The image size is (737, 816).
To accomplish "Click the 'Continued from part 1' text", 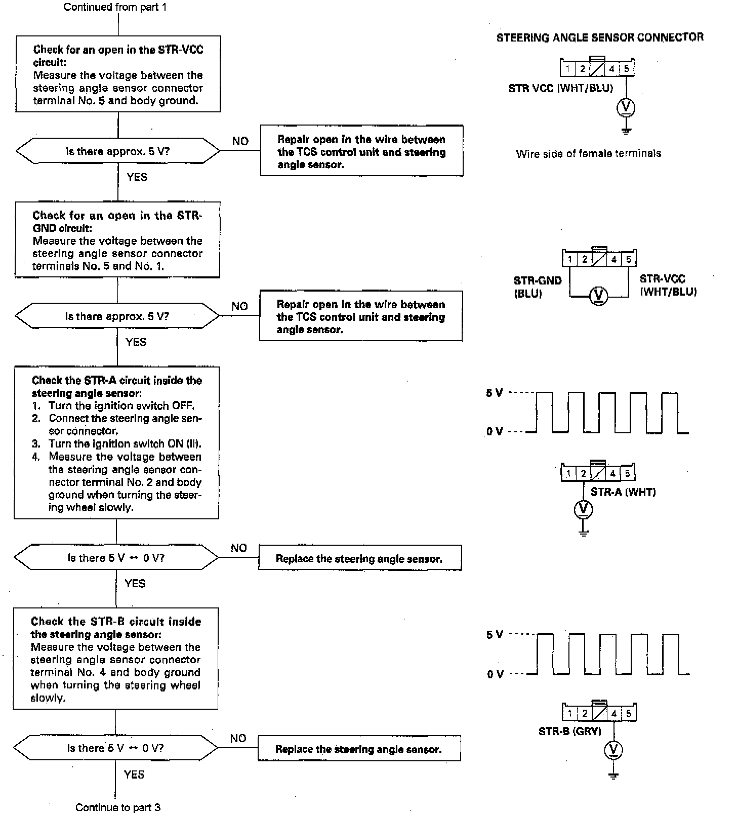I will [115, 8].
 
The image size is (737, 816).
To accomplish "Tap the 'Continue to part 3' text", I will [118, 807].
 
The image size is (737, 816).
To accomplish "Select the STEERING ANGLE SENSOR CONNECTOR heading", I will [600, 37].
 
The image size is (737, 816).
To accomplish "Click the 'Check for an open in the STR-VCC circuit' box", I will [118, 74].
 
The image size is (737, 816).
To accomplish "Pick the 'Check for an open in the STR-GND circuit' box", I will [117, 240].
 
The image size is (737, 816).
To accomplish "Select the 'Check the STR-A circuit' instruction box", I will [116, 443].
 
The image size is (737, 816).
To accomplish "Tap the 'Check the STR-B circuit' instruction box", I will [116, 659].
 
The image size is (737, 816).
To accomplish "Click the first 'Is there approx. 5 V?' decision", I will [118, 151].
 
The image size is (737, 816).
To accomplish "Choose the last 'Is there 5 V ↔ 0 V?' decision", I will [116, 748].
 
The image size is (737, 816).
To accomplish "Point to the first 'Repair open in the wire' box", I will [361, 151].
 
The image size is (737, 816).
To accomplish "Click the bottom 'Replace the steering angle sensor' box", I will [359, 749].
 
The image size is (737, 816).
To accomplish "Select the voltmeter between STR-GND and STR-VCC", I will [599, 295].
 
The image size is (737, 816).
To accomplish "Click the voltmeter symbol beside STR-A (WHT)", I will [583, 509].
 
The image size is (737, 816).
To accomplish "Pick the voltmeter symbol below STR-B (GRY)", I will [613, 750].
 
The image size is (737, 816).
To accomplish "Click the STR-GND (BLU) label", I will [538, 287].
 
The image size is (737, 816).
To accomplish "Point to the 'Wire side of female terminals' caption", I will [589, 153].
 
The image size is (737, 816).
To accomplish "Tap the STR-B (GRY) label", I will [569, 731].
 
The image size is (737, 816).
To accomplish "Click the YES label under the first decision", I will [137, 177].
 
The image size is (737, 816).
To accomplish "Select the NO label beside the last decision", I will [238, 739].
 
